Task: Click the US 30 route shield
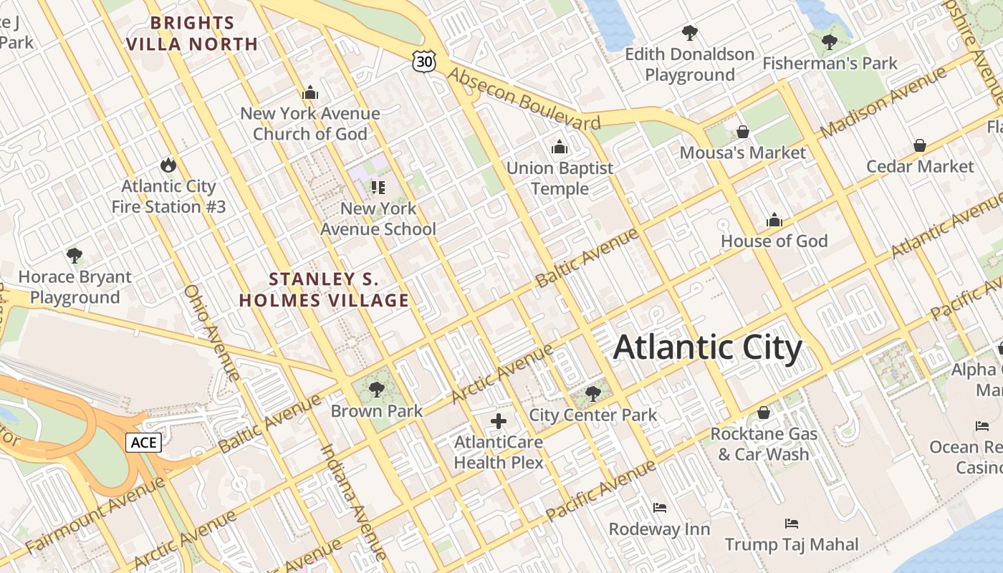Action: click(x=424, y=62)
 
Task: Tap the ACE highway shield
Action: click(x=143, y=442)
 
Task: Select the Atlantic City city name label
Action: click(x=707, y=347)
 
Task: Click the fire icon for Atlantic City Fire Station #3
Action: click(x=168, y=165)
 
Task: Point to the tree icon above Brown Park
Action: click(x=376, y=390)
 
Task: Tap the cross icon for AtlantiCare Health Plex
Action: click(x=499, y=421)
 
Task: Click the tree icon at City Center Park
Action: click(x=592, y=393)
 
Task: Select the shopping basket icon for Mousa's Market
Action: click(x=743, y=132)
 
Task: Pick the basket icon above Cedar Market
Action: click(x=920, y=146)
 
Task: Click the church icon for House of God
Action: click(x=774, y=220)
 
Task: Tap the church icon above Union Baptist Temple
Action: click(x=560, y=148)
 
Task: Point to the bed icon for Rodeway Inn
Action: click(x=660, y=508)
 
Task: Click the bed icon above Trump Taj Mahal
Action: click(x=792, y=523)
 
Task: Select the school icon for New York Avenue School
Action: click(x=378, y=188)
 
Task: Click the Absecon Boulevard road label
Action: click(x=524, y=99)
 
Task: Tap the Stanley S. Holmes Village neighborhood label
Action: click(x=324, y=290)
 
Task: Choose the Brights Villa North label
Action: click(x=192, y=34)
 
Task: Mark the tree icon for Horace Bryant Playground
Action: click(x=75, y=256)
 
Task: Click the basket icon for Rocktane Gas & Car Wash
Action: click(x=764, y=413)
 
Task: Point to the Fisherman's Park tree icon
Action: click(x=830, y=42)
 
